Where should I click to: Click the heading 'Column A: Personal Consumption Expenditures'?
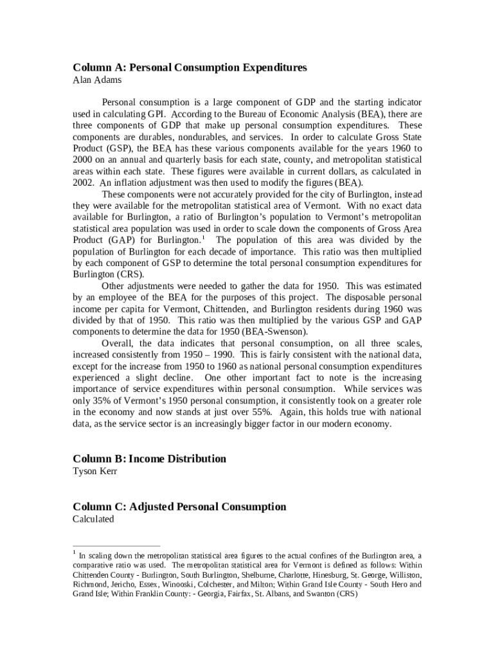[190, 67]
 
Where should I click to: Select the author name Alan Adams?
[96, 80]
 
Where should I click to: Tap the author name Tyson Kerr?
[95, 471]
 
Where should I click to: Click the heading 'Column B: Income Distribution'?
[149, 459]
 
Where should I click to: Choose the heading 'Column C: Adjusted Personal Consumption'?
[179, 507]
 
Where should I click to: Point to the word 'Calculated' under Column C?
[93, 519]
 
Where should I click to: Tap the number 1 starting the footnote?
[75, 552]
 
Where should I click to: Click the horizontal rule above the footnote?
[116, 546]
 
